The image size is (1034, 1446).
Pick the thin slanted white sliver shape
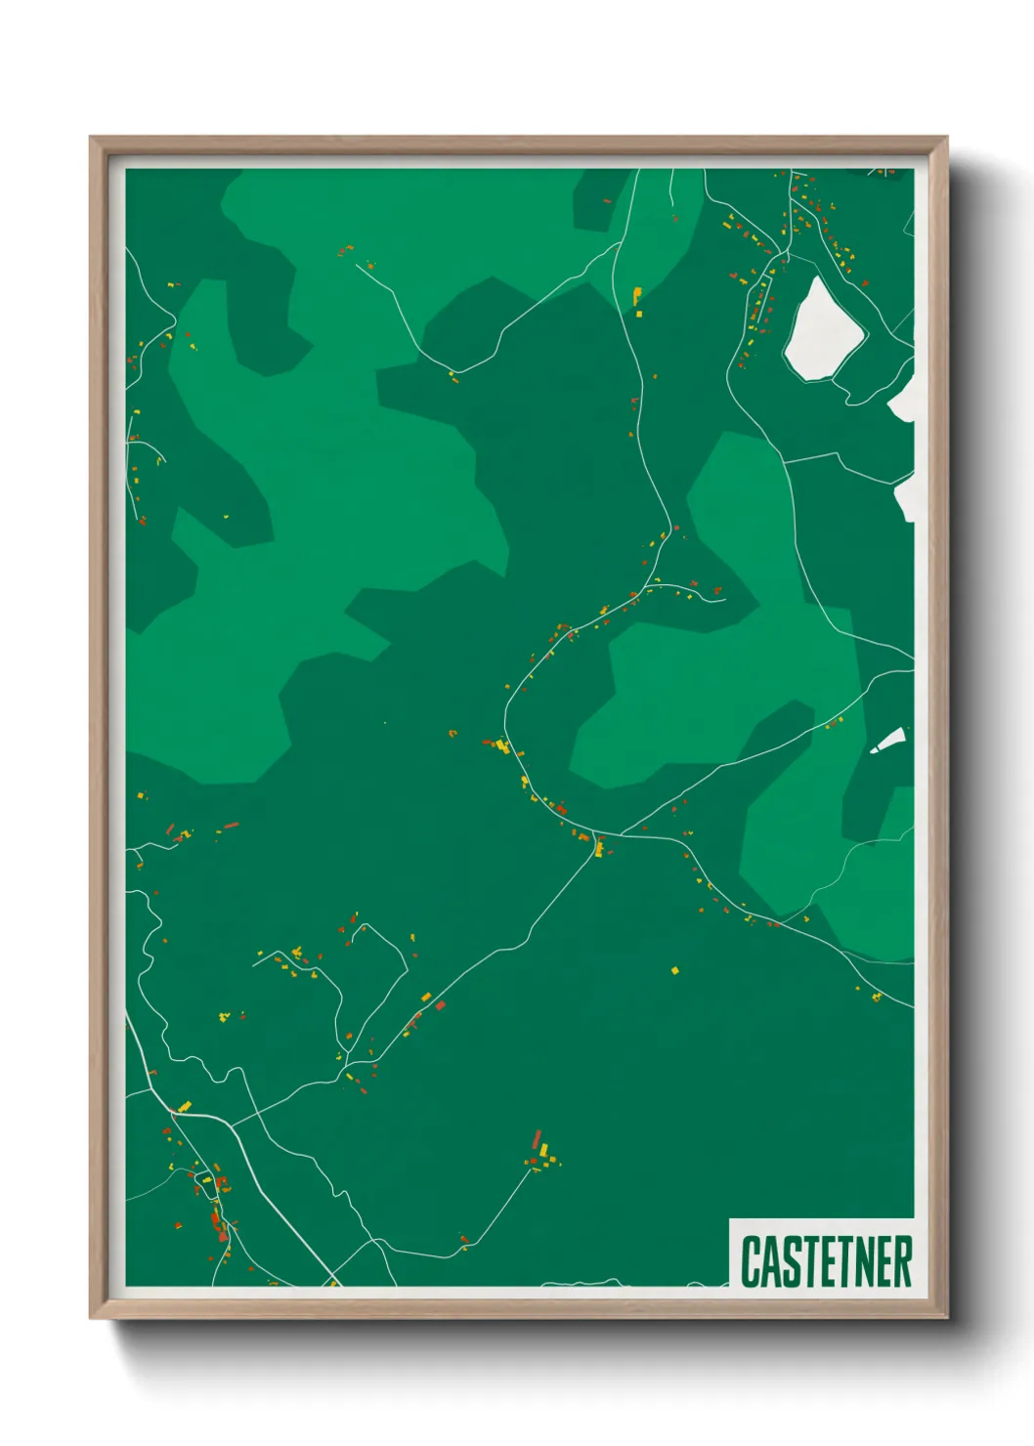pyautogui.click(x=888, y=741)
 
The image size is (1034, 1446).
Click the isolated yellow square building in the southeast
pyautogui.click(x=674, y=970)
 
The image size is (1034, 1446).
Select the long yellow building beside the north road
pyautogui.click(x=637, y=294)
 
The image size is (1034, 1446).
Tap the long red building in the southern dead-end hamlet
pyautogui.click(x=537, y=1139)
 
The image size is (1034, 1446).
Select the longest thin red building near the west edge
pyautogui.click(x=231, y=826)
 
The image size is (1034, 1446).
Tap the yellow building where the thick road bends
pyautogui.click(x=184, y=1107)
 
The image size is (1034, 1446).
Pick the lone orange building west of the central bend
pyautogui.click(x=452, y=732)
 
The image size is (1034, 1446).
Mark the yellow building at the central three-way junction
pyautogui.click(x=599, y=848)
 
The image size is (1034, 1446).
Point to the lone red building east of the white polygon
pyautogui.click(x=865, y=283)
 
